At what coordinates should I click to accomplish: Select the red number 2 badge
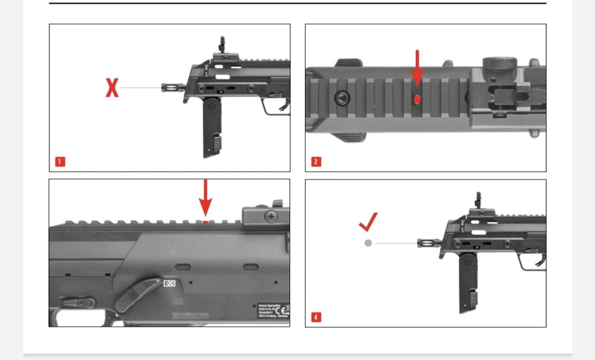[x=316, y=161]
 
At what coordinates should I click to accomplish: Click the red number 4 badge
[x=316, y=317]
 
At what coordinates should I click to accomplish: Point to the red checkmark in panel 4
[x=368, y=223]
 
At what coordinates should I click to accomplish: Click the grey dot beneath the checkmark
[x=368, y=243]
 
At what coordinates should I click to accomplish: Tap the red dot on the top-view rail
[x=417, y=99]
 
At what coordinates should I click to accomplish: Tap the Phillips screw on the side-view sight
[x=273, y=215]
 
